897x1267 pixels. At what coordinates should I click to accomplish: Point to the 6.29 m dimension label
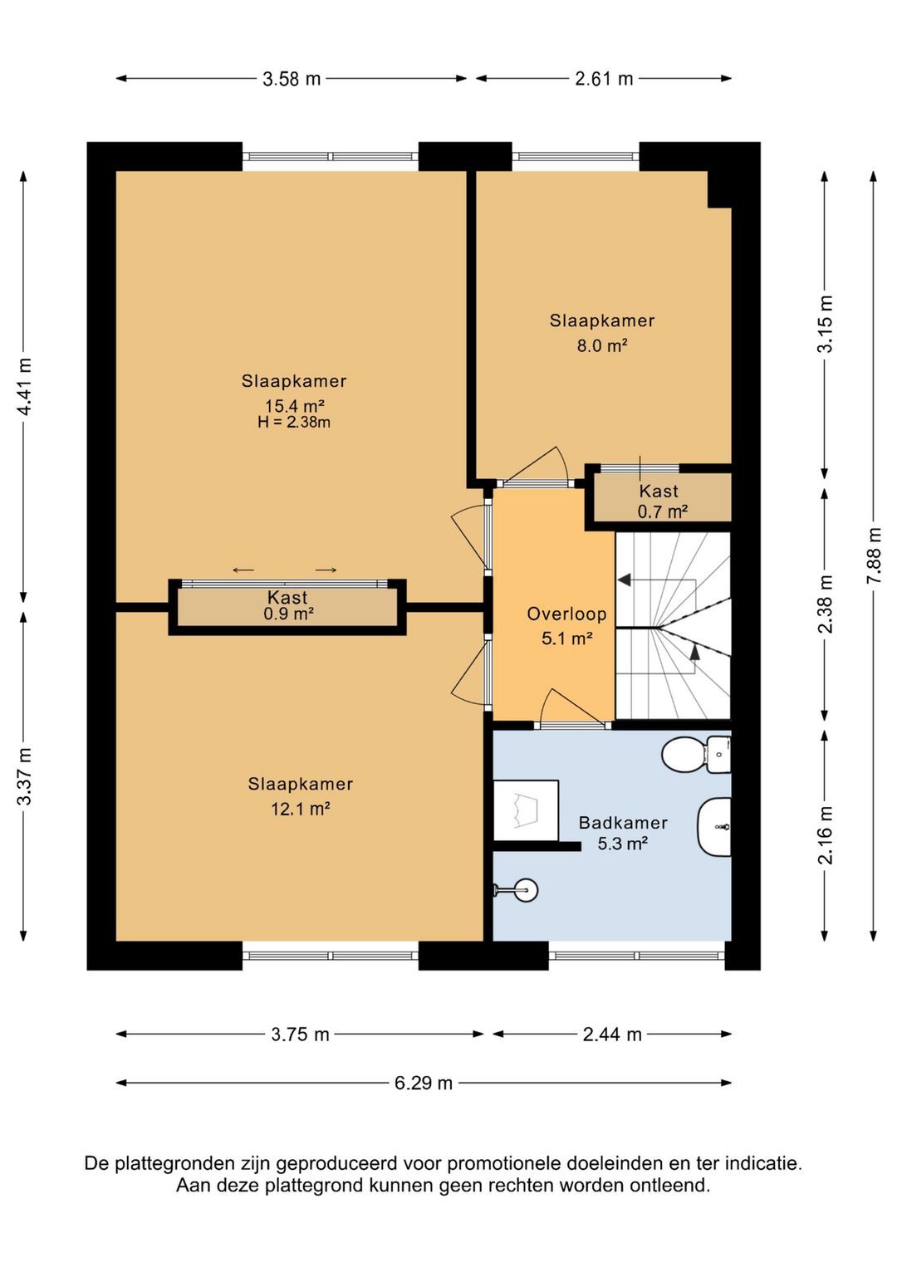click(424, 1083)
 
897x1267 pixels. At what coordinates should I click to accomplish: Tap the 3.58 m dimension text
click(292, 79)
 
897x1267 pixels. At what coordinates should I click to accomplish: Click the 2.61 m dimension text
click(604, 79)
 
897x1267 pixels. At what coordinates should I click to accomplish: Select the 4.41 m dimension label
click(24, 386)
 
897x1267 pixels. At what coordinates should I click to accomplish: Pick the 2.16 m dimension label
click(825, 835)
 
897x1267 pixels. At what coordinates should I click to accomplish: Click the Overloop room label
click(566, 614)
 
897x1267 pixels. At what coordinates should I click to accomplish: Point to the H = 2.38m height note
click(294, 422)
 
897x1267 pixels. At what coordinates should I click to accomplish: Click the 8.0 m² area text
click(602, 345)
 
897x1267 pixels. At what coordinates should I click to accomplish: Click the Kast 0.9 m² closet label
click(288, 605)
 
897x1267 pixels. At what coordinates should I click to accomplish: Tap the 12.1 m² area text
click(301, 809)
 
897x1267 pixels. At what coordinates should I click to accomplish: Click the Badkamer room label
click(623, 823)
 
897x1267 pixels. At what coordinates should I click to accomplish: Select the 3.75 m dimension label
click(300, 1035)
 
